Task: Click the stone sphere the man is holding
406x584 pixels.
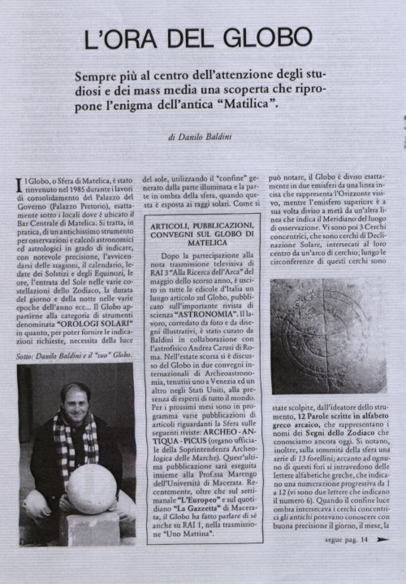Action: pyautogui.click(x=92, y=487)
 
